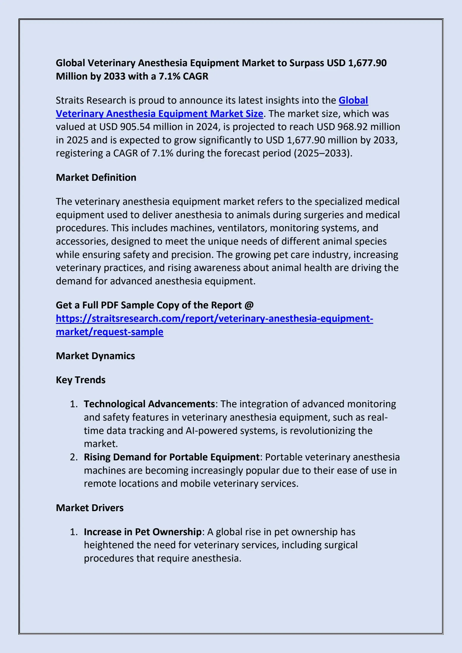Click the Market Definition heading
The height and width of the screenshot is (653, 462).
96,177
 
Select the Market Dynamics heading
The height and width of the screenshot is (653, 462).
95,356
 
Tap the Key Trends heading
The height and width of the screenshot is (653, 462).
80,380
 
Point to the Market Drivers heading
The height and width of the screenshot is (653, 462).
90,508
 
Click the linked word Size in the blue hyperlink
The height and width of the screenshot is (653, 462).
254,114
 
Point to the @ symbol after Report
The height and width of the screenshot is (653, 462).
249,305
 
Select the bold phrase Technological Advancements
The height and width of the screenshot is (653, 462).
149,404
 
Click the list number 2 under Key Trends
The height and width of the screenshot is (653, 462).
74,457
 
